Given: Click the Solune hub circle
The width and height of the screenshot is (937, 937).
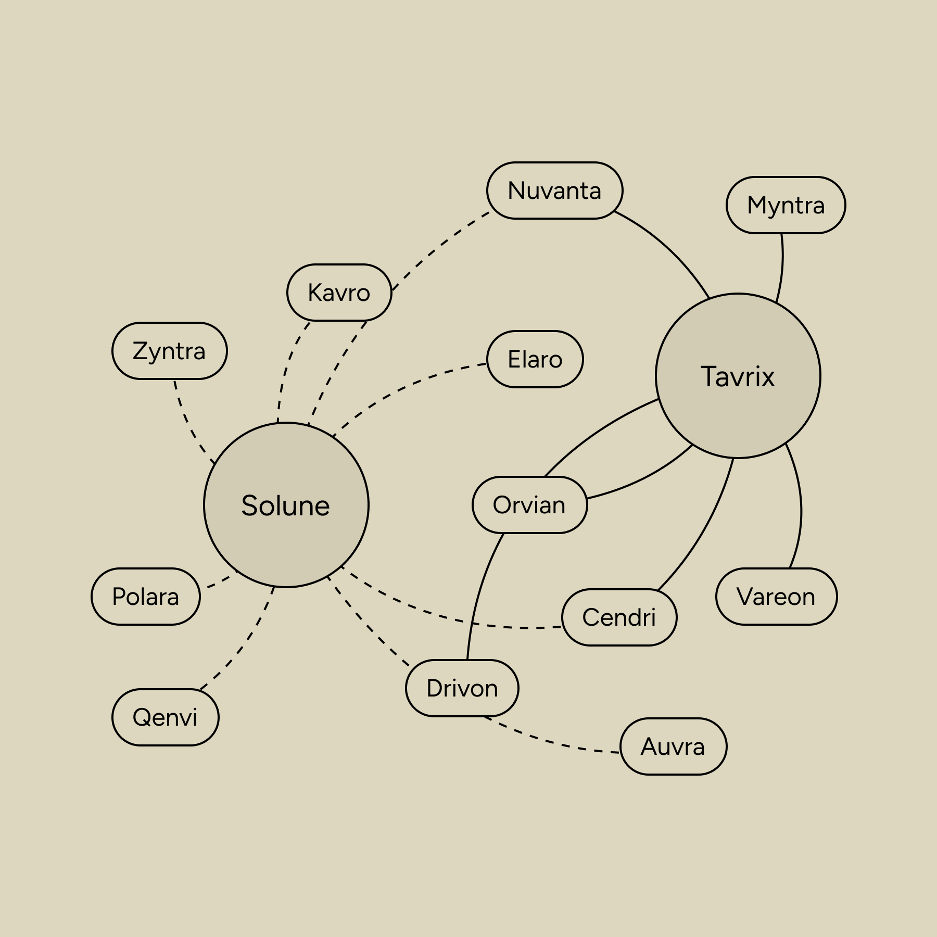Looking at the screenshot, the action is click(x=286, y=504).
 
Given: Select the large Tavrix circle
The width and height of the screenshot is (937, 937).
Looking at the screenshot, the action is click(x=738, y=376).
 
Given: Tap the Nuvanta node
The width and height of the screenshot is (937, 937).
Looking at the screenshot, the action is click(x=554, y=191).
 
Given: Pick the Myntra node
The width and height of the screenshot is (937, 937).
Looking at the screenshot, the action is click(x=786, y=205).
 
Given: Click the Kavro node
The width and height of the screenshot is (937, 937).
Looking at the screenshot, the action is click(x=339, y=293).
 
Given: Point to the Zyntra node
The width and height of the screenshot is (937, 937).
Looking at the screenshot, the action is click(x=169, y=351).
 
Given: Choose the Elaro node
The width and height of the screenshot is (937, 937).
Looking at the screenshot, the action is click(x=535, y=359).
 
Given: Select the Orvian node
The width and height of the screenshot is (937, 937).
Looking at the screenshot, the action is click(x=529, y=505).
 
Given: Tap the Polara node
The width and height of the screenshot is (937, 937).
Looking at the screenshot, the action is click(x=145, y=597).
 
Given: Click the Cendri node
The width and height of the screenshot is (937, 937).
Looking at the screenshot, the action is click(x=619, y=617).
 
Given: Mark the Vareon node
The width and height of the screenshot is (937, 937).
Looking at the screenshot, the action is click(x=776, y=597).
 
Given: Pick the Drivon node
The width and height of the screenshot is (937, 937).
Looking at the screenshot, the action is click(x=462, y=688).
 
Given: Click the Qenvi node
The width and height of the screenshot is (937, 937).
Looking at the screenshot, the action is click(x=165, y=717).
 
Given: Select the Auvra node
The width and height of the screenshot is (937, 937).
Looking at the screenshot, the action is click(x=673, y=746).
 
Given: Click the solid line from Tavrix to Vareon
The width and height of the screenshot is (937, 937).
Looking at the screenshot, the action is click(x=800, y=505).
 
